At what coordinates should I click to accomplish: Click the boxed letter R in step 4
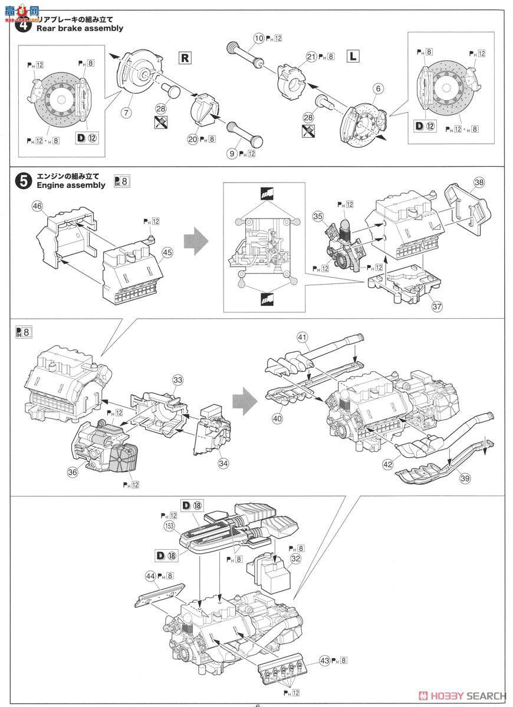[x=185, y=58]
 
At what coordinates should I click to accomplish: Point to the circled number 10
[x=258, y=38]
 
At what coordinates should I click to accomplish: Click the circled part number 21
[x=312, y=57]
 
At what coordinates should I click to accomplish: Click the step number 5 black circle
[x=23, y=181]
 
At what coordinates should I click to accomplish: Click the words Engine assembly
[x=71, y=185]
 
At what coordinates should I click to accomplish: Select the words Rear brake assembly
[x=80, y=28]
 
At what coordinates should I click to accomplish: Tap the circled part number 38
[x=478, y=183]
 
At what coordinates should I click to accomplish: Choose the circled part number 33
[x=177, y=381]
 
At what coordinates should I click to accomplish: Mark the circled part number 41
[x=302, y=338]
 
